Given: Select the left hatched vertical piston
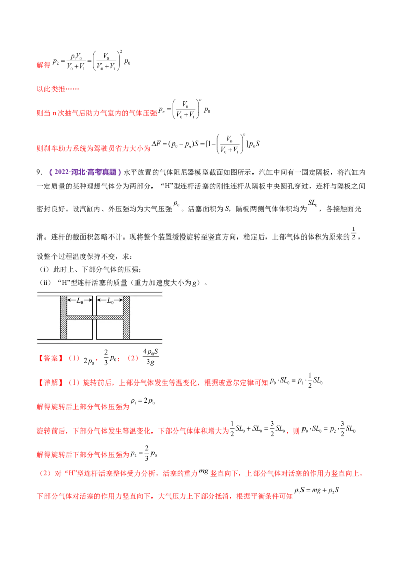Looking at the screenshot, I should [63, 317].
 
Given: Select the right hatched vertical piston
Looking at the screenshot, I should [126, 317].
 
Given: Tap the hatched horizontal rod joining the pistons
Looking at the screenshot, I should [95, 317].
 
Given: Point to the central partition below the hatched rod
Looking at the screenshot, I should [94, 329].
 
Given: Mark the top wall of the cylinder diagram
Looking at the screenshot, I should [99, 293].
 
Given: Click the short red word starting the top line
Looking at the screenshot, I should [43, 65].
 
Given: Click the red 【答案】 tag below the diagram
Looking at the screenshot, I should [50, 359].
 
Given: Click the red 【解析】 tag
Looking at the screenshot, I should [50, 383].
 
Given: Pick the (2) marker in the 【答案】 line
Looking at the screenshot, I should [133, 359].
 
